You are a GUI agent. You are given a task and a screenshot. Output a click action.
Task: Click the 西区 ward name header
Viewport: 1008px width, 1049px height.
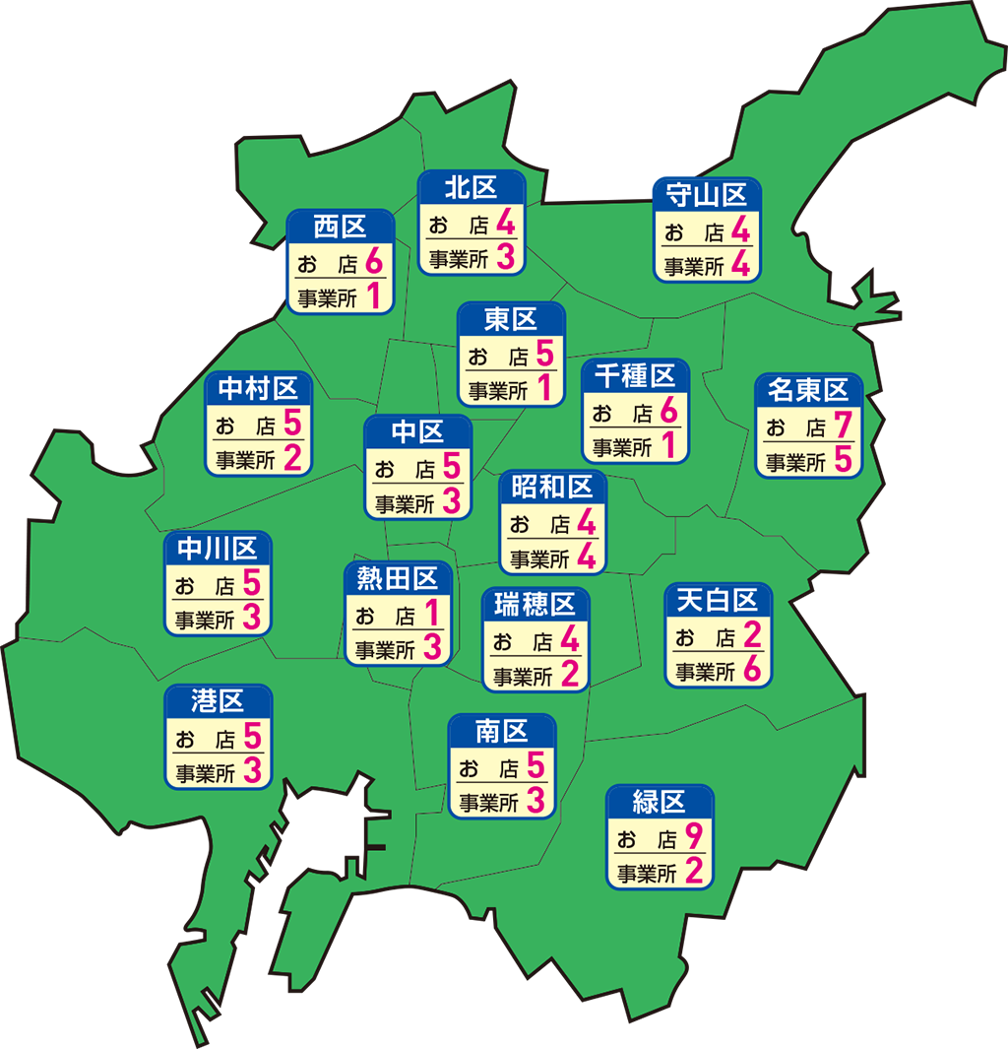pyautogui.click(x=340, y=228)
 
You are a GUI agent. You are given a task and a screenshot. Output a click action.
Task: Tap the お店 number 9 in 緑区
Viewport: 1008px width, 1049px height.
pyautogui.click(x=694, y=838)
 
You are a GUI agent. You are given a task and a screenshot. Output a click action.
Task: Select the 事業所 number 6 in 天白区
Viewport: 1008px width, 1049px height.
pyautogui.click(x=753, y=671)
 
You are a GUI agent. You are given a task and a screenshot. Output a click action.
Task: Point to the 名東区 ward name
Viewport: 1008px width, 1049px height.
pyautogui.click(x=808, y=390)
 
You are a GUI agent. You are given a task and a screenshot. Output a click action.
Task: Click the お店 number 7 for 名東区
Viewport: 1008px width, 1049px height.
pyautogui.click(x=842, y=426)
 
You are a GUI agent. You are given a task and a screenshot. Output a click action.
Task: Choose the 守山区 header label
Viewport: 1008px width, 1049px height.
pyautogui.click(x=707, y=195)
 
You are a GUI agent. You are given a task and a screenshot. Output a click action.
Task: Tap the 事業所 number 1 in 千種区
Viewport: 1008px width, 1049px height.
pyautogui.click(x=668, y=446)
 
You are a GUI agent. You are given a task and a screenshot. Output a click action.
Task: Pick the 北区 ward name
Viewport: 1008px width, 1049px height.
pyautogui.click(x=471, y=187)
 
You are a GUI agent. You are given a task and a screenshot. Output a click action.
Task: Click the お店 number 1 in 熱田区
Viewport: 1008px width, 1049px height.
pyautogui.click(x=431, y=615)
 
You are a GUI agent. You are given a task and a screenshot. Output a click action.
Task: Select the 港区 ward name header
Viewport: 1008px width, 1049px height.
pyautogui.click(x=218, y=701)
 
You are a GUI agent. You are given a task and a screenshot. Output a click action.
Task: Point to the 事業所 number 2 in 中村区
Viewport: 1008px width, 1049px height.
pyautogui.click(x=292, y=458)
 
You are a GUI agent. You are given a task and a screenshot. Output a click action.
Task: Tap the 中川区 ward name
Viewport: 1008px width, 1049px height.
pyautogui.click(x=218, y=548)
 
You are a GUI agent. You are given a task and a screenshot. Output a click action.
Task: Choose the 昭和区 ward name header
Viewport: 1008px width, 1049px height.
pyautogui.click(x=552, y=487)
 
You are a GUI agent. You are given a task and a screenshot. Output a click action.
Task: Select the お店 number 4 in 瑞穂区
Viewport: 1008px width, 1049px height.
pyautogui.click(x=569, y=641)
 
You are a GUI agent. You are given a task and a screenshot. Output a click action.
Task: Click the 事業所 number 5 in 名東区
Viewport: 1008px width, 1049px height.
pyautogui.click(x=842, y=460)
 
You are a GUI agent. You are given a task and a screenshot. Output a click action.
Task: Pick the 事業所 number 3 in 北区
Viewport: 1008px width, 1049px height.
pyautogui.click(x=506, y=259)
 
